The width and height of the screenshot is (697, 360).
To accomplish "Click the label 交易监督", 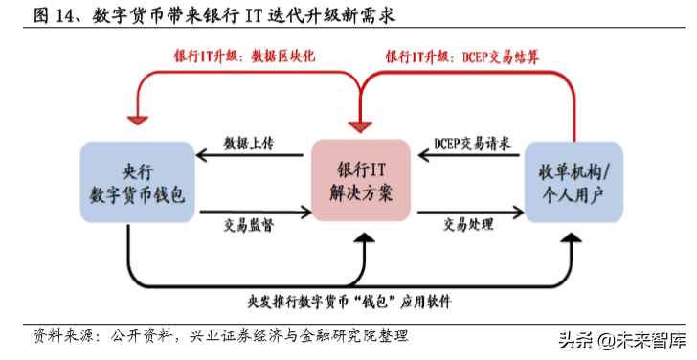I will (x=249, y=225).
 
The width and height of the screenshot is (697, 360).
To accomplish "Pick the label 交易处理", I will (x=468, y=225).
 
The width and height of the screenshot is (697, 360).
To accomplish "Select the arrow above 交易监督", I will (x=251, y=210).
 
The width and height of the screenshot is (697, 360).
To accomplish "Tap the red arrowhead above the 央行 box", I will (x=137, y=119).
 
